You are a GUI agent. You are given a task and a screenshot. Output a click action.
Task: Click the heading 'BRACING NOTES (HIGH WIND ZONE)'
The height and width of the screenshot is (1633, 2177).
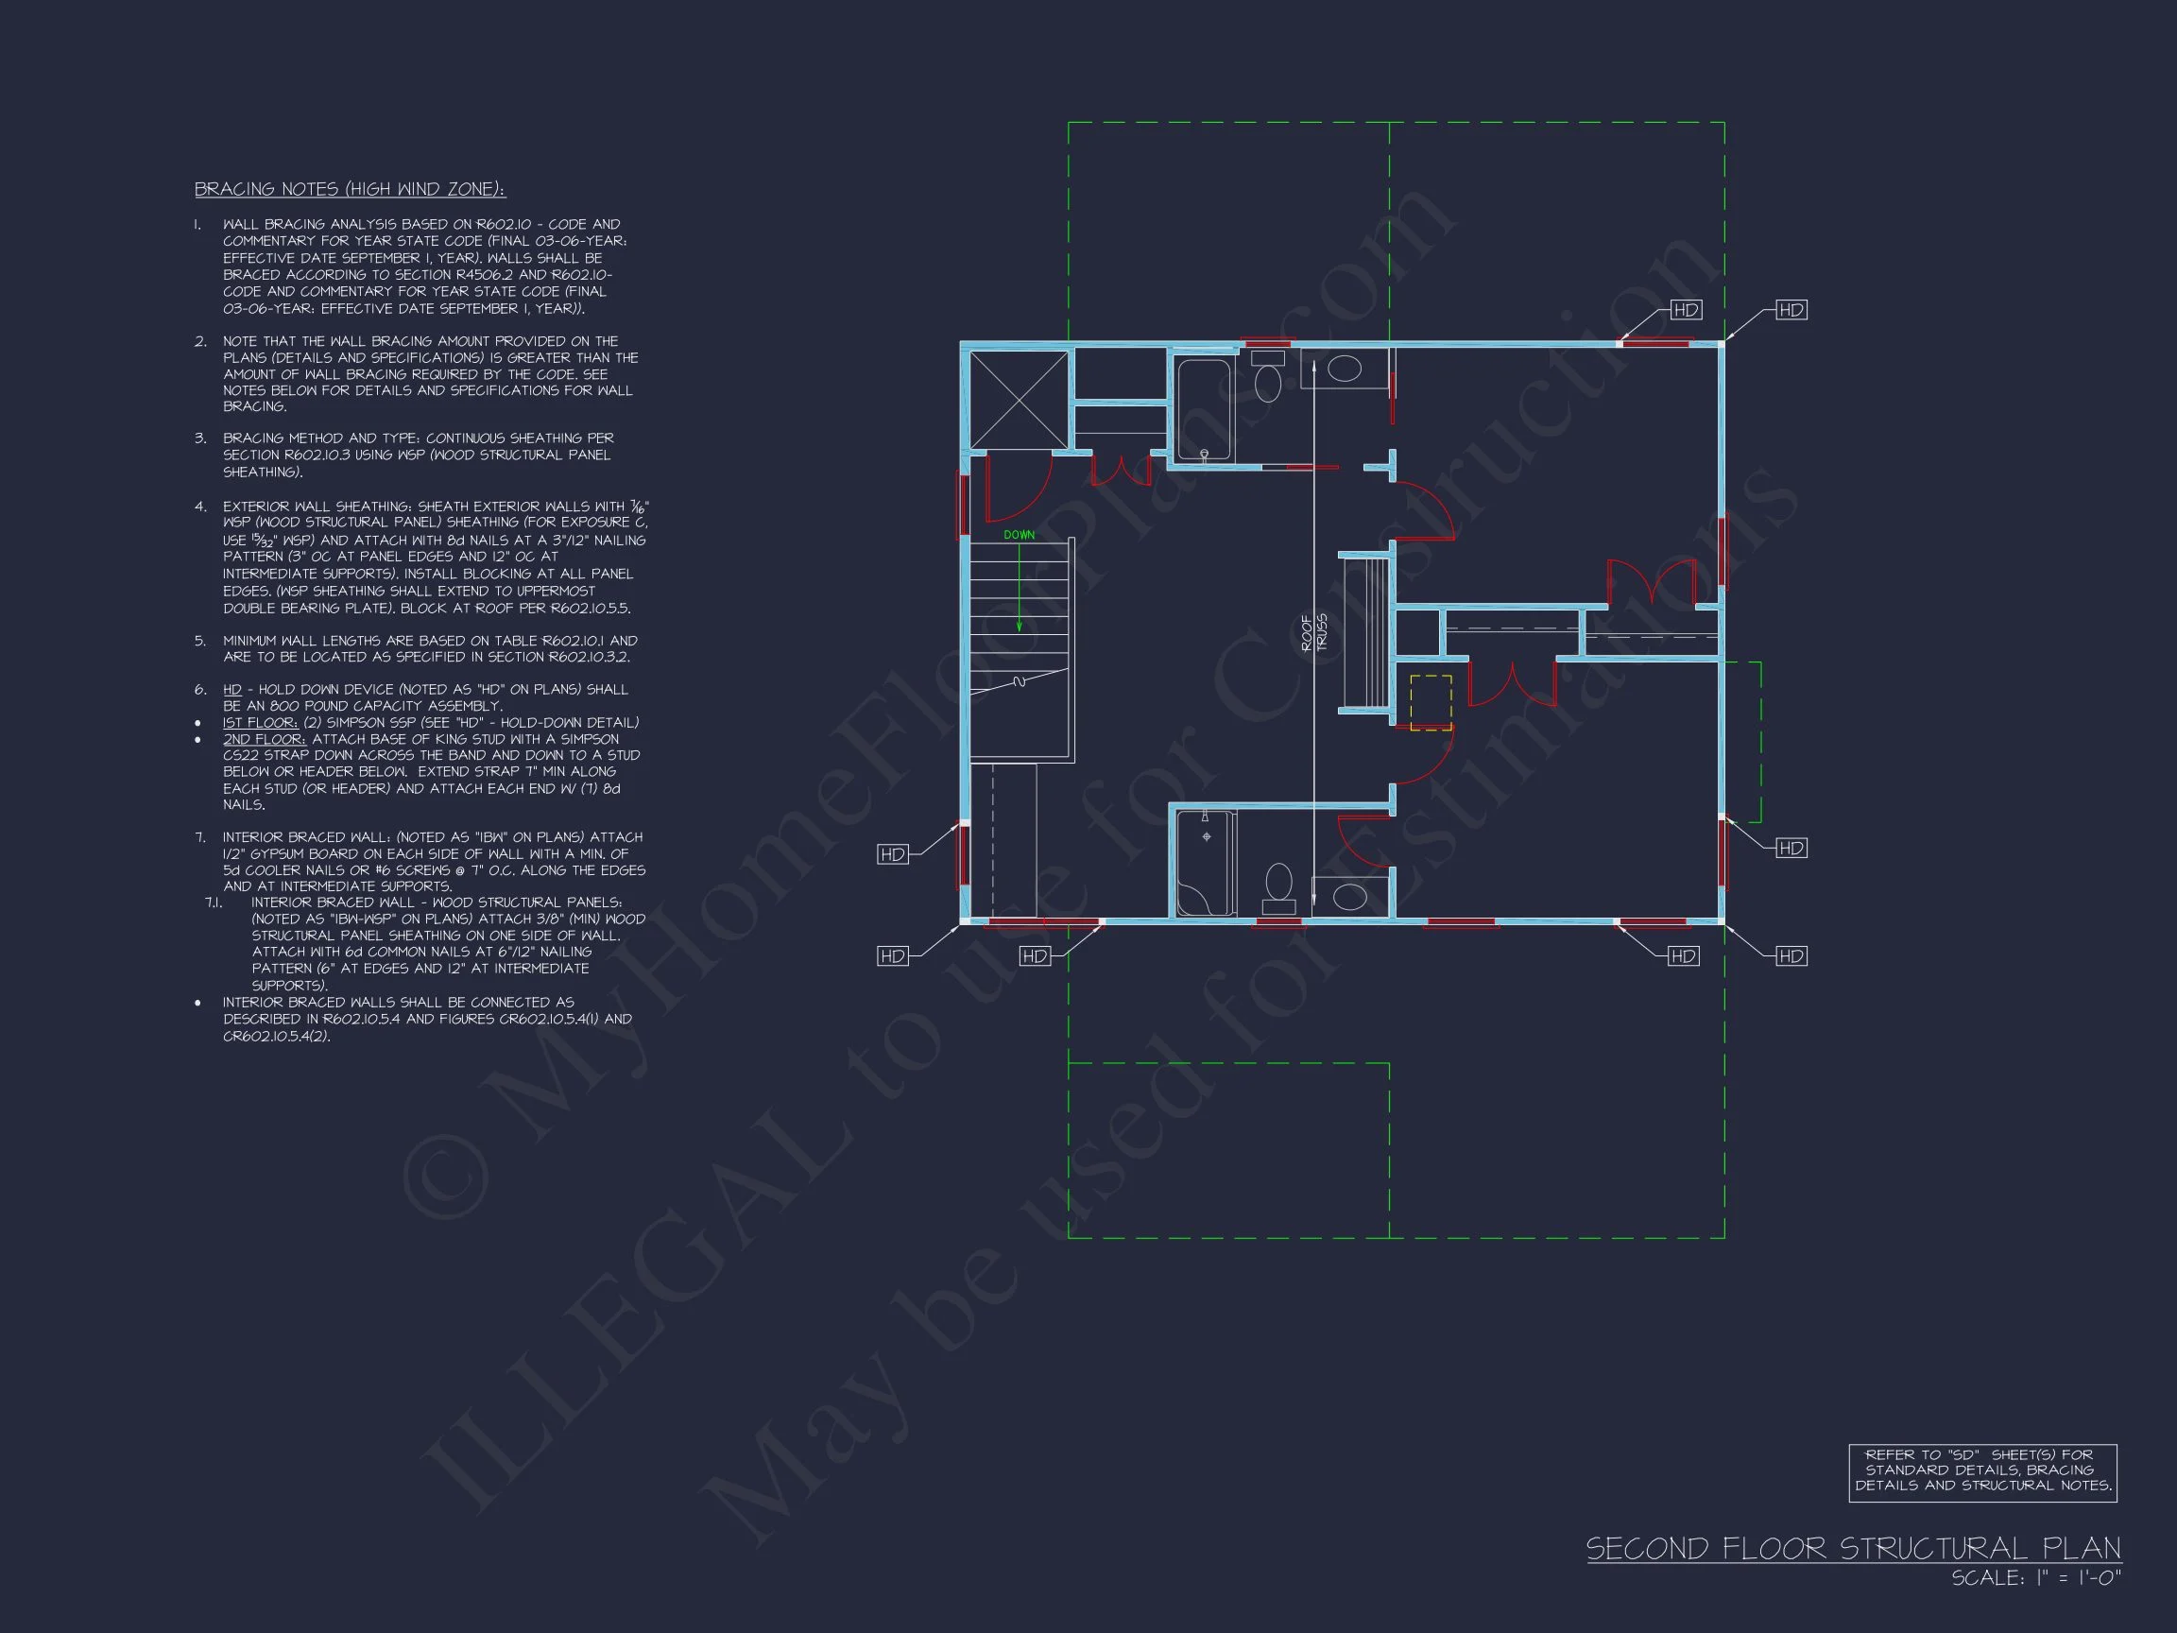[x=350, y=189]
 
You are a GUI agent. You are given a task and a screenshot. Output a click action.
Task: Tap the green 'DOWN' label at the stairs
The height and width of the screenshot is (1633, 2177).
[x=1019, y=536]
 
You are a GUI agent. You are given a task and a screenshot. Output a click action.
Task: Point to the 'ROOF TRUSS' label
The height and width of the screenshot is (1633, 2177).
[x=1314, y=633]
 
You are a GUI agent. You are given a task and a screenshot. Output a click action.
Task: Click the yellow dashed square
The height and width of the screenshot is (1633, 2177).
[x=1430, y=703]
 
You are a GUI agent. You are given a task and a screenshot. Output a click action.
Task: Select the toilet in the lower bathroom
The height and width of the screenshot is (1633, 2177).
[x=1278, y=888]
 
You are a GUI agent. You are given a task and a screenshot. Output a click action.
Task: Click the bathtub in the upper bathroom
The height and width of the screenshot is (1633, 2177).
[x=1204, y=409]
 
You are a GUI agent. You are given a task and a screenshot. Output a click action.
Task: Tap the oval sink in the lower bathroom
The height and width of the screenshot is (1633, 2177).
[x=1349, y=897]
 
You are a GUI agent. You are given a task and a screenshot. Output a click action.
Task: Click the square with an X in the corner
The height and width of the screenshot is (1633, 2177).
[x=1019, y=400]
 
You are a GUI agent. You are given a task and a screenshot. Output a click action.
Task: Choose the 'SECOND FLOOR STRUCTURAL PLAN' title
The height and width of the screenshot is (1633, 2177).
[x=1853, y=1548]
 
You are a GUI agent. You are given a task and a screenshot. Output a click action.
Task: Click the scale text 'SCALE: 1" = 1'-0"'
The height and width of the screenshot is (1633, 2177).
[x=2036, y=1578]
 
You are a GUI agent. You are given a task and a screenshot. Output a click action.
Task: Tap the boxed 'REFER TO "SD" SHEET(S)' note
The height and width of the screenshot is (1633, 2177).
[x=1983, y=1472]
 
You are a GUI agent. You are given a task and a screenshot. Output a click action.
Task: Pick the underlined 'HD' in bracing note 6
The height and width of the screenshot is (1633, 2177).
[x=232, y=690]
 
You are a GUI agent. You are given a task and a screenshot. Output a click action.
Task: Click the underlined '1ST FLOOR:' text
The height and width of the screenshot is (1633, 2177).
[x=260, y=723]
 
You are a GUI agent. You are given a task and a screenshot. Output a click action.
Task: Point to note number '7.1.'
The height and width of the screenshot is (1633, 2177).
[x=214, y=902]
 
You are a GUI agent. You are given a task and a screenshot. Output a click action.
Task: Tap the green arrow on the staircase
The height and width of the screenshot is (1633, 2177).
[x=1019, y=588]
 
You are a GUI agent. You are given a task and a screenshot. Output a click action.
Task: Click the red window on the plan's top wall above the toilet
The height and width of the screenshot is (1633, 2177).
[x=1268, y=342]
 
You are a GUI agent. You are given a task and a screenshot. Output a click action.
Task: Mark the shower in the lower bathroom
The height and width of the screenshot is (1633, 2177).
[x=1204, y=863]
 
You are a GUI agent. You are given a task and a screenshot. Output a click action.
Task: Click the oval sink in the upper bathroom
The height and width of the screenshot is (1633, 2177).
[x=1345, y=370]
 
